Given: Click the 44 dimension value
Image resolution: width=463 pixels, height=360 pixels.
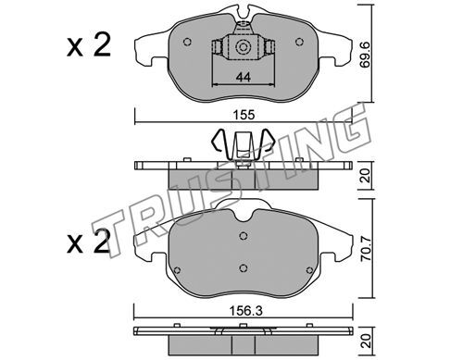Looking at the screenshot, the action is (244, 77).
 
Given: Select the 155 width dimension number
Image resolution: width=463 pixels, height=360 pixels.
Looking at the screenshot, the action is (244, 115).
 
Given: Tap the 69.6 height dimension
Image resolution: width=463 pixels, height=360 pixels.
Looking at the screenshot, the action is (366, 55).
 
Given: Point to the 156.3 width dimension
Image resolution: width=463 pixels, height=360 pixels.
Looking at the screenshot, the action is (246, 311).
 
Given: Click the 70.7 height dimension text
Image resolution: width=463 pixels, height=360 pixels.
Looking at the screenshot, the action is (366, 248).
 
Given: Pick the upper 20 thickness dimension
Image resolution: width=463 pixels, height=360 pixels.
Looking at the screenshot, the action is (366, 177).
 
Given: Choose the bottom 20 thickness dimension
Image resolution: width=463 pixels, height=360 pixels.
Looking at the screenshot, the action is (366, 341).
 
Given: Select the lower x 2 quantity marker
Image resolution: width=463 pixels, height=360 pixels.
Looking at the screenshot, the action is (89, 242).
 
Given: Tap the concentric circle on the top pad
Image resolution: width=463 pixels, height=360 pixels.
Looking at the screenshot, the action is (242, 47).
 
